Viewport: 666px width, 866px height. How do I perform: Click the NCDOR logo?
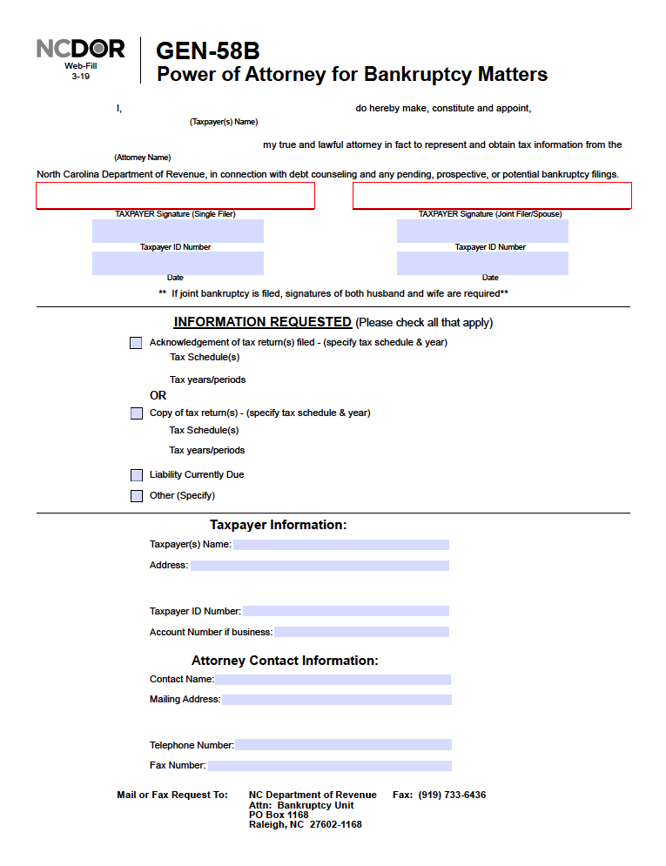point(80,48)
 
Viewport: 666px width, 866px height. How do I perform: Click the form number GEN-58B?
point(207,51)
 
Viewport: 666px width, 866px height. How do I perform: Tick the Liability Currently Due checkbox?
point(137,475)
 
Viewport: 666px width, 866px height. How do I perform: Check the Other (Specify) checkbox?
point(137,496)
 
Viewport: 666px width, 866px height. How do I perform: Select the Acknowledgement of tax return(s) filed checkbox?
point(136,343)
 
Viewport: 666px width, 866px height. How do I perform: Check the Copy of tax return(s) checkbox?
point(137,413)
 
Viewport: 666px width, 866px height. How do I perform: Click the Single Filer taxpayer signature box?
point(175,196)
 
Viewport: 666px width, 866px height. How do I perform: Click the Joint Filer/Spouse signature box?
point(492,196)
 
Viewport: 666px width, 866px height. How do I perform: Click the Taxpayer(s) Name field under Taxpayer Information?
point(340,545)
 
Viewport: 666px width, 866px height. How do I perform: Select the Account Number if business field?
point(361,632)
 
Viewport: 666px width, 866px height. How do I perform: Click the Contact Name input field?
point(333,680)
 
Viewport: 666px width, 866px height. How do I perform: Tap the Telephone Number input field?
point(343,745)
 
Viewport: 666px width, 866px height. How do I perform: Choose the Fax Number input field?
point(329,766)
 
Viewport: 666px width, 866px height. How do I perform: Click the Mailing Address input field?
point(336,700)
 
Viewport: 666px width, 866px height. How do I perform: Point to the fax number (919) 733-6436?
point(452,795)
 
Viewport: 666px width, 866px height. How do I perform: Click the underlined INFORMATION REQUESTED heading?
point(262,322)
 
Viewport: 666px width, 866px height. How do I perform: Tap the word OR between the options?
point(158,395)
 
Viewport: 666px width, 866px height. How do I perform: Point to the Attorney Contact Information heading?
point(285,661)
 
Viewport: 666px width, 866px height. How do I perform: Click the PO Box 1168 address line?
point(279,815)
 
